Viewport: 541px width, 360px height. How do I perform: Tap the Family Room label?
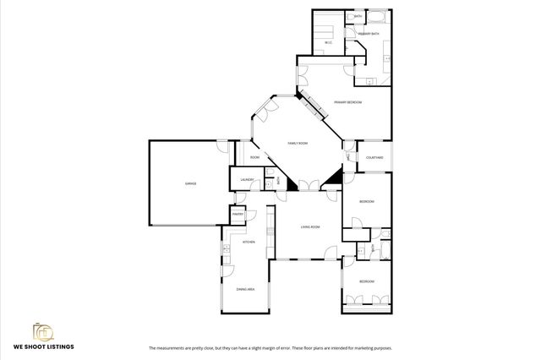pos(298,144)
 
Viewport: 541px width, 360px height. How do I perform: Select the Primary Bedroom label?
pos(347,102)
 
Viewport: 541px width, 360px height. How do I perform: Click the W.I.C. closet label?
pos(328,42)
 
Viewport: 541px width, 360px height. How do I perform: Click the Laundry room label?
pos(248,180)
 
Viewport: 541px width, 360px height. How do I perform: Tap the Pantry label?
pos(238,215)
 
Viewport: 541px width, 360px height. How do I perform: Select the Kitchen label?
pos(249,243)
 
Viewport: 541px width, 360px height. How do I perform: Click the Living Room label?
pos(310,227)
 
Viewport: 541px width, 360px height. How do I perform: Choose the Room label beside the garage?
pos(254,157)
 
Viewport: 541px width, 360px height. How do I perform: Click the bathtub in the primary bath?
pos(378,17)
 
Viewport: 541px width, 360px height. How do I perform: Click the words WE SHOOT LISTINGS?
pos(43,346)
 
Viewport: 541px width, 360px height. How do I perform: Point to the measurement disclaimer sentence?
pos(270,348)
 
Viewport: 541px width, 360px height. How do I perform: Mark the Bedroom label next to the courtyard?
pos(366,201)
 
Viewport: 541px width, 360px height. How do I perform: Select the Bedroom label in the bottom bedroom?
pos(366,281)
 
